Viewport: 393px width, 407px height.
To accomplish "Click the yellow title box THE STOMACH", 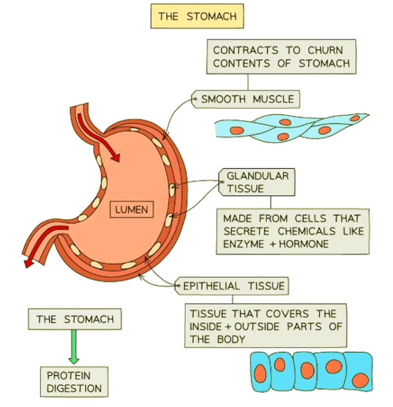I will [x=197, y=16].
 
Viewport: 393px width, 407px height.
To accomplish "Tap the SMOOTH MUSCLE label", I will [x=247, y=99].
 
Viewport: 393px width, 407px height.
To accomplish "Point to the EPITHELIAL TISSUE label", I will [x=233, y=286].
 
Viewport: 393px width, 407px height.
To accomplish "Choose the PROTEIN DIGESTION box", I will [x=74, y=382].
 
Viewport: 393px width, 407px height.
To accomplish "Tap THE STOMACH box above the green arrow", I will [x=75, y=319].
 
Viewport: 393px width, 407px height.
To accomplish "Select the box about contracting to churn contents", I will [x=281, y=56].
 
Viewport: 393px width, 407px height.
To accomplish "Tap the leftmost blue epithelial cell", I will [x=261, y=371].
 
